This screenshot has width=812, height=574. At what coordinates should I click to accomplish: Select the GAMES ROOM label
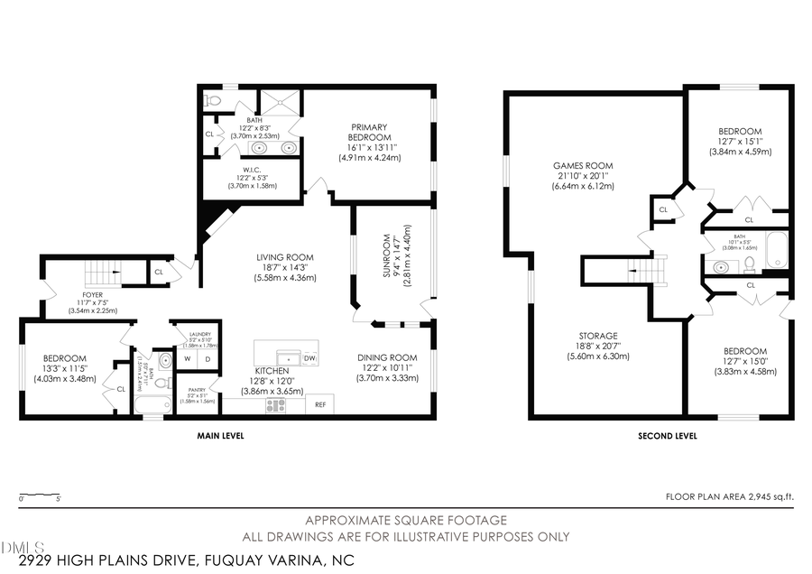point(582,165)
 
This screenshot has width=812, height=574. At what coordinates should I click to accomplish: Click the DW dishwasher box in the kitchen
point(310,358)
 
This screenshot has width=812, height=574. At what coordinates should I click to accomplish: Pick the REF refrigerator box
point(320,404)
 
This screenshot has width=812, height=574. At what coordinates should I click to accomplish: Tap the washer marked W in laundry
point(189,358)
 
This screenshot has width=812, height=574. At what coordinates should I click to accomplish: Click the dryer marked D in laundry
point(208,358)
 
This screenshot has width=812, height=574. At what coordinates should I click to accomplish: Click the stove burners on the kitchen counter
point(275,405)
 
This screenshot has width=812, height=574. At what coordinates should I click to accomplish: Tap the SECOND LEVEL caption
point(667,436)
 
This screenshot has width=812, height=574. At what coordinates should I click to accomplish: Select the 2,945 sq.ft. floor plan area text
point(730,495)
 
